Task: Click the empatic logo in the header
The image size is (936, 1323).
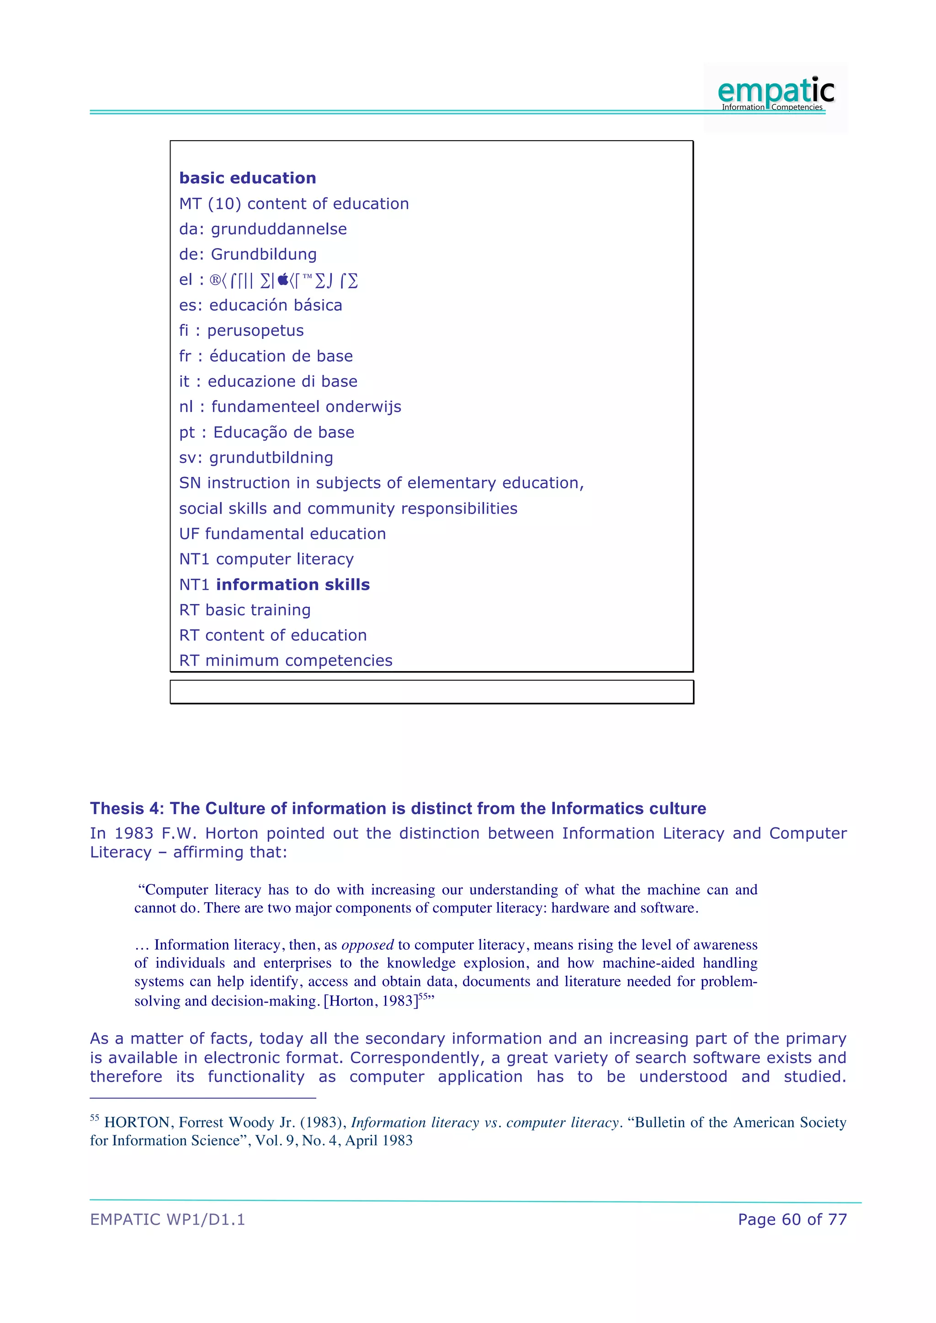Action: [x=775, y=93]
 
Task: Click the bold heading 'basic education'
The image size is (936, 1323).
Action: [x=247, y=178]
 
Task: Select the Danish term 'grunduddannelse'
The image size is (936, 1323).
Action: [x=279, y=229]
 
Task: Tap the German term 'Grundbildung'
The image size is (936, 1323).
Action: [x=264, y=255]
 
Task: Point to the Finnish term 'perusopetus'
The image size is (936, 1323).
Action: [x=255, y=331]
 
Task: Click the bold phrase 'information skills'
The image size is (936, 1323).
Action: [x=293, y=585]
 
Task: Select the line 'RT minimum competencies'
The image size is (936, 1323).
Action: [x=285, y=661]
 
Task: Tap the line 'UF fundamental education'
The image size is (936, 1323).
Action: [x=282, y=534]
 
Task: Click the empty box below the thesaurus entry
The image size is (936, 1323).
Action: [x=432, y=692]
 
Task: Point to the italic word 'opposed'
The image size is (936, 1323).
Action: [x=367, y=945]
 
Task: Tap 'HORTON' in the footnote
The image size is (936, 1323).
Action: [x=137, y=1122]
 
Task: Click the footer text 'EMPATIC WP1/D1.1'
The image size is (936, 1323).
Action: [x=167, y=1220]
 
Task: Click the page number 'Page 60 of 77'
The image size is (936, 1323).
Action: [x=792, y=1220]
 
